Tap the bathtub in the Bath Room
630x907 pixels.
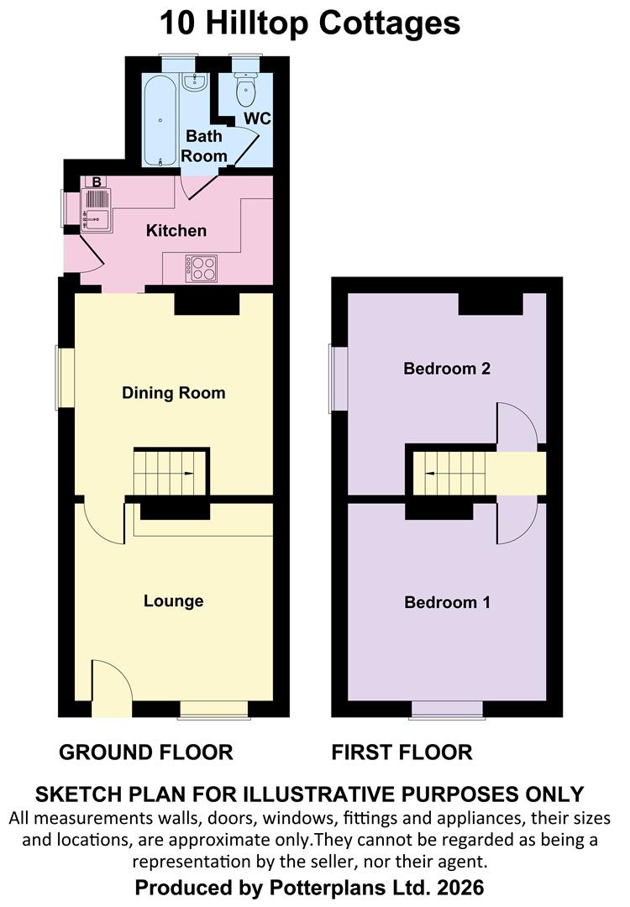160,121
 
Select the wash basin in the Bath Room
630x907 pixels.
194,82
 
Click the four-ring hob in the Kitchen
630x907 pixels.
202,269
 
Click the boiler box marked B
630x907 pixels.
97,181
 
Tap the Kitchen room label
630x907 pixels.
176,231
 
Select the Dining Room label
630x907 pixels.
174,393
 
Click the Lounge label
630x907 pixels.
174,601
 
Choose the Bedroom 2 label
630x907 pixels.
447,369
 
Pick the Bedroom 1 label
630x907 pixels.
447,602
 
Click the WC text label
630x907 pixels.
257,118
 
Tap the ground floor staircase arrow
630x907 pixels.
189,474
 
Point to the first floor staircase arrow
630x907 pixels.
430,474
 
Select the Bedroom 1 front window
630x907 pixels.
447,709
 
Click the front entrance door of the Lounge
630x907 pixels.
112,689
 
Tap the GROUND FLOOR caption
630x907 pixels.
146,752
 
